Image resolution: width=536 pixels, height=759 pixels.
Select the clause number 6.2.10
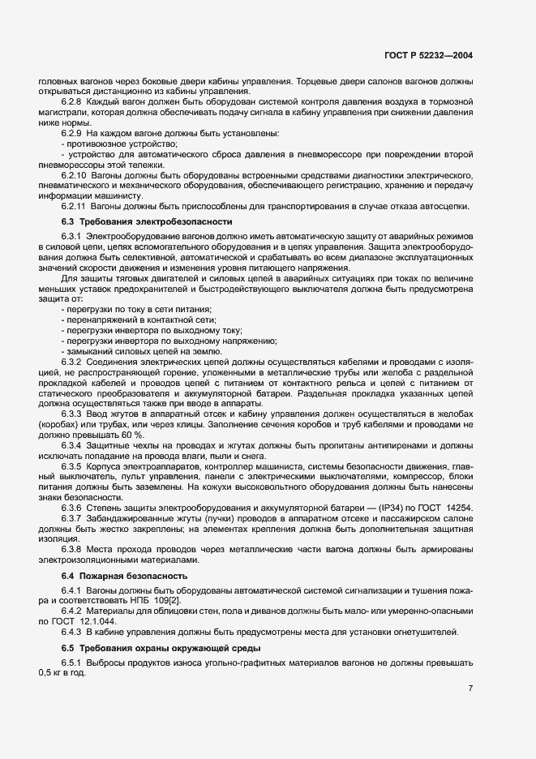[75, 175]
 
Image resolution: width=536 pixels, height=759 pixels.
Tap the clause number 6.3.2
[73, 362]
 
